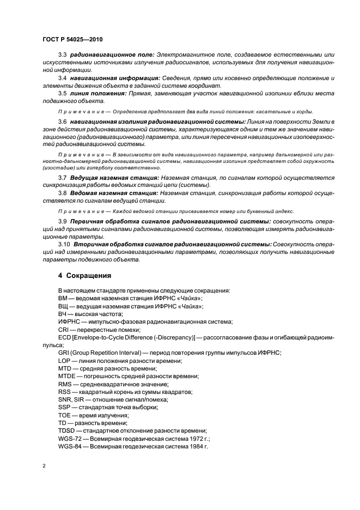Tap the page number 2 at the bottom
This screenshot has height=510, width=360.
(x=44, y=466)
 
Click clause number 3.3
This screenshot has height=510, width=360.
(x=62, y=55)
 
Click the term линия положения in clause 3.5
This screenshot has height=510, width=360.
(x=95, y=93)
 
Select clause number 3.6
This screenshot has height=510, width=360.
(x=62, y=121)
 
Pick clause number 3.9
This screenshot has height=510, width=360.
(x=62, y=221)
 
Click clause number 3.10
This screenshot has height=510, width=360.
(x=64, y=244)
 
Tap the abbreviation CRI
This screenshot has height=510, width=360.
(x=64, y=330)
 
